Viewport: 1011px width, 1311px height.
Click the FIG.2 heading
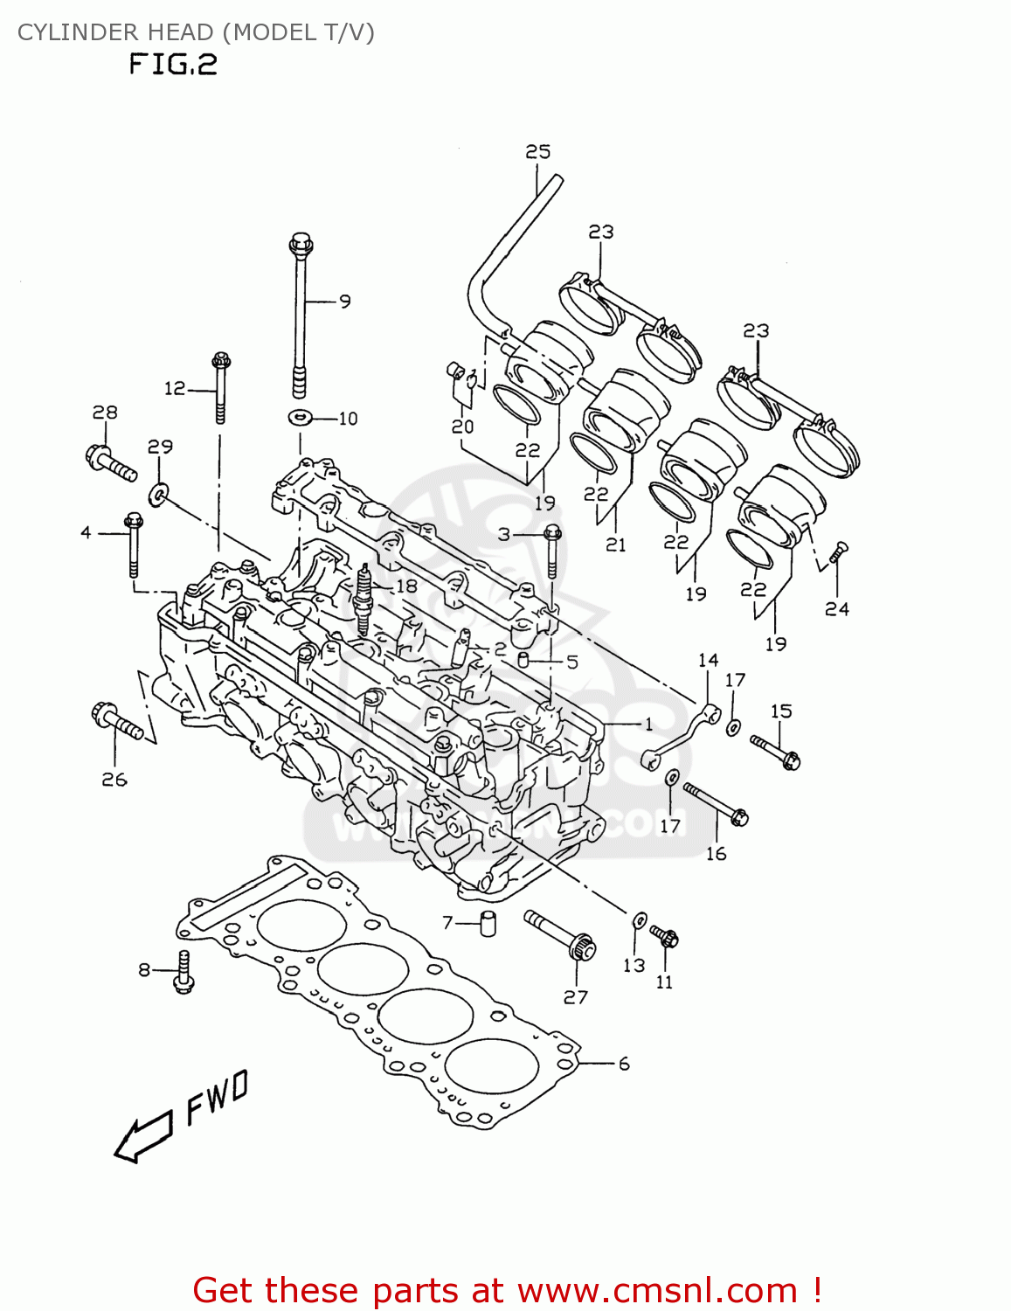(x=172, y=65)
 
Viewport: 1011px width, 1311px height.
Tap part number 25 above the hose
(x=537, y=151)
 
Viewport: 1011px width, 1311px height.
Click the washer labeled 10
(x=300, y=417)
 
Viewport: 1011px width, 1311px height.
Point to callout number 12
(x=175, y=388)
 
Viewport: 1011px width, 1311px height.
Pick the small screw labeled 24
(x=838, y=552)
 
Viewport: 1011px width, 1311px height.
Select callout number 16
(x=716, y=853)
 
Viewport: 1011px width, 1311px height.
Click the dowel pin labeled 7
(x=488, y=923)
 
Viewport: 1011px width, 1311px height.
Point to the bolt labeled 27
(x=560, y=934)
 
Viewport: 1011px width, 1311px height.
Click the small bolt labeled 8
(x=183, y=971)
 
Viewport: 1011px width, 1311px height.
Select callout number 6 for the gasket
(x=623, y=1064)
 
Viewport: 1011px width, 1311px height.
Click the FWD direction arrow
(x=142, y=1138)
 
